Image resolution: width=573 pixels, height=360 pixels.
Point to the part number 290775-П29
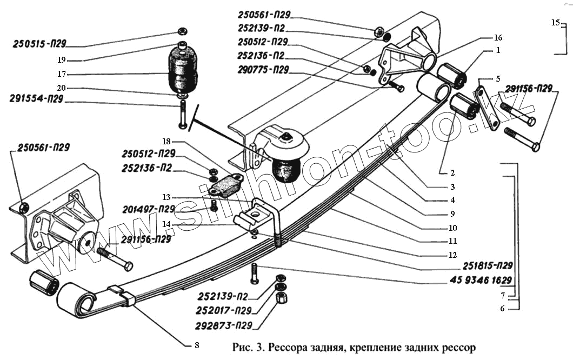262,70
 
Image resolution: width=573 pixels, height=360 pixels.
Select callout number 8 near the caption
197,345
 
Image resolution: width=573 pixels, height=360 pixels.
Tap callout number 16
498,38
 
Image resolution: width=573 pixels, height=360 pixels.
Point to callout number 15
555,23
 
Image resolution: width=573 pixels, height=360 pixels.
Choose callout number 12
452,255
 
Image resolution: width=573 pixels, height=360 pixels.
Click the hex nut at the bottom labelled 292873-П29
281,298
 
